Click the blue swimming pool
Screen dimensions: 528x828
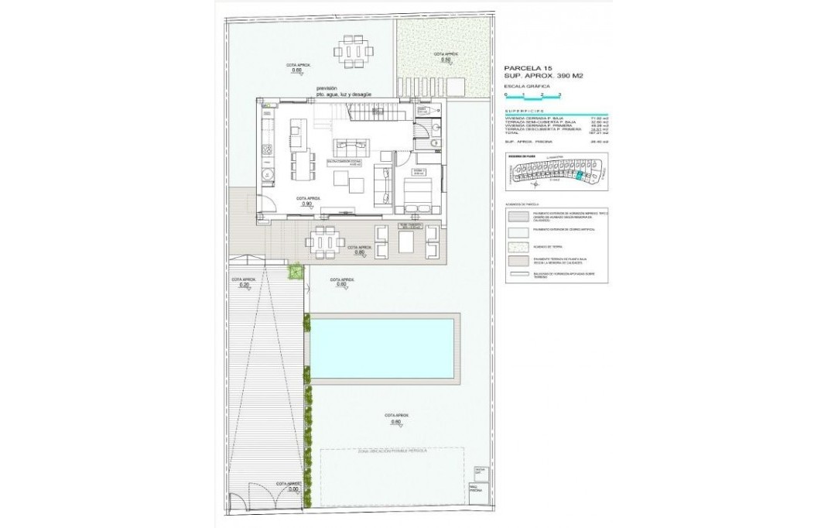382,347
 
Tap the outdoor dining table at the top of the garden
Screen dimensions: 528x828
357,53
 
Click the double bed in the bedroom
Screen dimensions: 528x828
418,194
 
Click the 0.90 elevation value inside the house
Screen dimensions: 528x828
308,204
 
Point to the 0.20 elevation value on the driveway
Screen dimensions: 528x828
245,285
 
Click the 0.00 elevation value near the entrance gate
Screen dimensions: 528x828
293,489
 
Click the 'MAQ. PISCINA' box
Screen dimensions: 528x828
477,488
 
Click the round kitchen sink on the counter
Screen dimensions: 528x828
265,173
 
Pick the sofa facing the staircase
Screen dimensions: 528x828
352,146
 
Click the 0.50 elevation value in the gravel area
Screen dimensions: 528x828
446,60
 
